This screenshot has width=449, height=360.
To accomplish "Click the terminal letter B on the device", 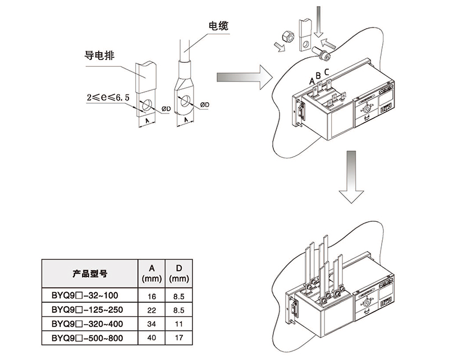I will [x=318, y=75].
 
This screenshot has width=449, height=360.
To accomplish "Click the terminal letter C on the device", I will [x=327, y=71].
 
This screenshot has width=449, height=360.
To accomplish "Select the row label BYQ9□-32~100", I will [x=85, y=295].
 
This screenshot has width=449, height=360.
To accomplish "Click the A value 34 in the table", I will [x=151, y=324].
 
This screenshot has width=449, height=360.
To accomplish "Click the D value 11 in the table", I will [x=178, y=324].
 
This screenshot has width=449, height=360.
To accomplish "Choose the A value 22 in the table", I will [x=151, y=309].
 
